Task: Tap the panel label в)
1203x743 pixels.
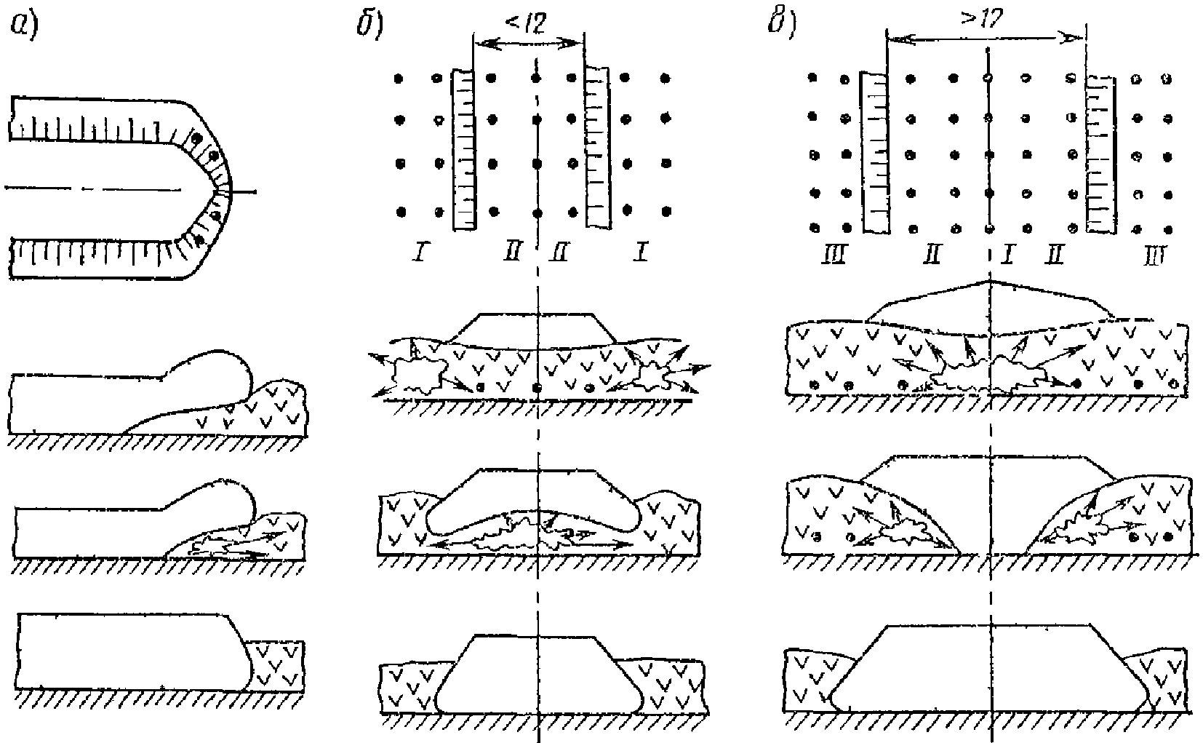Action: point(783,25)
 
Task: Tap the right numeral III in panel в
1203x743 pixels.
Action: point(1153,256)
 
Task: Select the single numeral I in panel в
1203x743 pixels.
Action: point(1007,254)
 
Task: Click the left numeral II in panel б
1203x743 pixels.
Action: point(511,254)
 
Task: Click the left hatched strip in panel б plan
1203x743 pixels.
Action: point(463,149)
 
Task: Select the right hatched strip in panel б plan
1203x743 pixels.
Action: point(597,146)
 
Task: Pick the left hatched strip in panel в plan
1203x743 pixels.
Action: point(875,153)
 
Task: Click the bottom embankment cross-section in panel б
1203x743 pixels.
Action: point(538,673)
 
